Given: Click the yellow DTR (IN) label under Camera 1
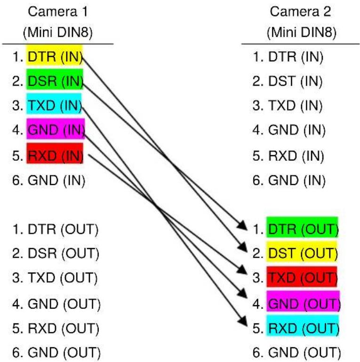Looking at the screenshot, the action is [55, 55].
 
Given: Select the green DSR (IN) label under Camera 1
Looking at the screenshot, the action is [55, 79].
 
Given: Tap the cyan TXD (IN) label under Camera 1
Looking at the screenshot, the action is [54, 103].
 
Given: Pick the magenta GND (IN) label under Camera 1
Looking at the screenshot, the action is [56, 129].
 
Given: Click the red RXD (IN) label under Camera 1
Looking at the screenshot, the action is [55, 153].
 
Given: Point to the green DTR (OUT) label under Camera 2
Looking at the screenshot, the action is [302, 227].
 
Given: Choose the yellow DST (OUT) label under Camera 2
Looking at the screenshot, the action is [302, 252].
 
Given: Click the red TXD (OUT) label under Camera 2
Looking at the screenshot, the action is [302, 276].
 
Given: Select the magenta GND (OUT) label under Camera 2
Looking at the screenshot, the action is [304, 301].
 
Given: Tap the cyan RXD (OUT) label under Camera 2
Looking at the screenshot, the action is [303, 325].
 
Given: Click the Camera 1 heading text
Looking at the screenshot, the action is [58, 12].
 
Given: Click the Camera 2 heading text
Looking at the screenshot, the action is [300, 12].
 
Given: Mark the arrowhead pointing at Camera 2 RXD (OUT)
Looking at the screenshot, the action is [243, 322].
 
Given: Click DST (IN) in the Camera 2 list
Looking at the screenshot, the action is [296, 81].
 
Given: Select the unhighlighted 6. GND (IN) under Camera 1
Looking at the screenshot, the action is [49, 181].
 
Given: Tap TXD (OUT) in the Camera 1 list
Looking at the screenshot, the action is [63, 278].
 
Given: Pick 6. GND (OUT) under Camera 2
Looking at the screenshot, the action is [296, 353].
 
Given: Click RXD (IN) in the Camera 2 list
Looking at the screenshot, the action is [296, 156].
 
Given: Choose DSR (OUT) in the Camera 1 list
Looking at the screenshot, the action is [64, 253].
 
